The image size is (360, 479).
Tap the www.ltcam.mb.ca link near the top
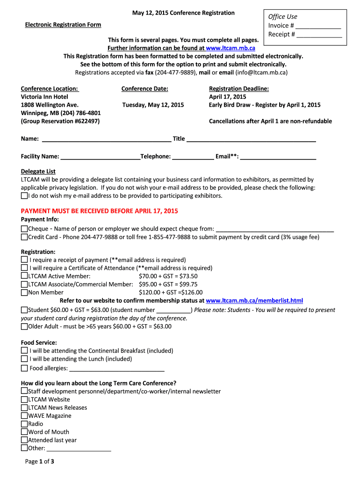pos(230,48)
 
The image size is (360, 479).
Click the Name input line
pos(107,139)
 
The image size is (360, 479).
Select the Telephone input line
pos(193,157)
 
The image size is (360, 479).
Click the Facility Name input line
pos(101,157)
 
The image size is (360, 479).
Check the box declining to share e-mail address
pos(24,196)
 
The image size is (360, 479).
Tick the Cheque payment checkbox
pos(24,229)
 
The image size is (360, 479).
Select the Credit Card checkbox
pos(24,237)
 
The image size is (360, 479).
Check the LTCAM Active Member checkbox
pos(24,276)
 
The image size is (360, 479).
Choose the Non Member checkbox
pos(24,292)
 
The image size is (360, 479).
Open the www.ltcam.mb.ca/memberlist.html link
pos(254,301)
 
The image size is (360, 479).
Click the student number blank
pos(173,310)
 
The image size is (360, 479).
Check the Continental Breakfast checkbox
pos(24,350)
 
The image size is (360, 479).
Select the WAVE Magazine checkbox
pos(24,415)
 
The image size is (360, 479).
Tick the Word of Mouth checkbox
pos(24,432)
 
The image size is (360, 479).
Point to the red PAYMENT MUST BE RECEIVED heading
pos(100,211)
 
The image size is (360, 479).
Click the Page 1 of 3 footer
pos(40,462)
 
